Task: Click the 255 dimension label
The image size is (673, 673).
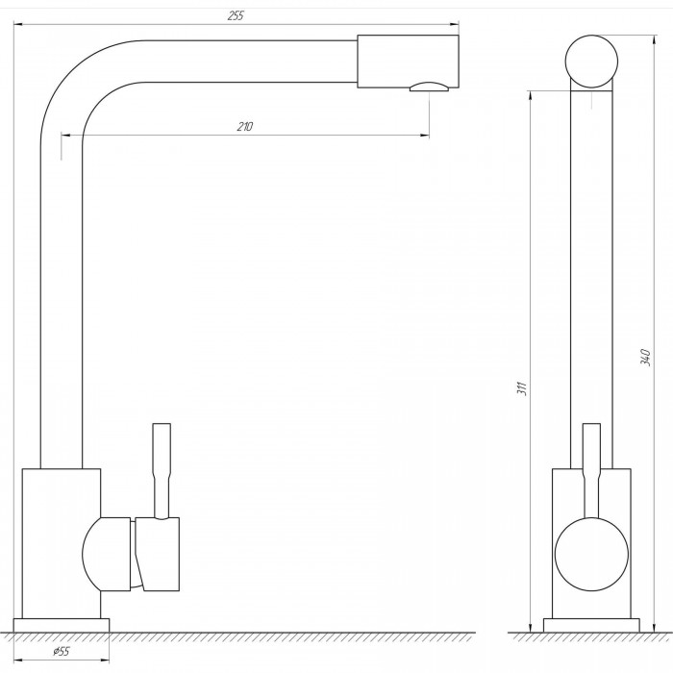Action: (236, 16)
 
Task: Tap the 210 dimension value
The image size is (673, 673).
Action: (244, 127)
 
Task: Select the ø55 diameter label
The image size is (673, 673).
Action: (61, 651)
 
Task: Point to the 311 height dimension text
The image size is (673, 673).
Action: (522, 388)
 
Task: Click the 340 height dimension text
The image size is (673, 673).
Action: (645, 358)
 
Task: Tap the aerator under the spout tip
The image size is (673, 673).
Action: (429, 87)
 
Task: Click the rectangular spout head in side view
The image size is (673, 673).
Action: (408, 62)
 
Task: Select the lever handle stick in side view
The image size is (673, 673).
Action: (162, 471)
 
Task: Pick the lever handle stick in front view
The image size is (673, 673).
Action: (591, 470)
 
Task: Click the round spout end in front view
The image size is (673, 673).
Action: (591, 62)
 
